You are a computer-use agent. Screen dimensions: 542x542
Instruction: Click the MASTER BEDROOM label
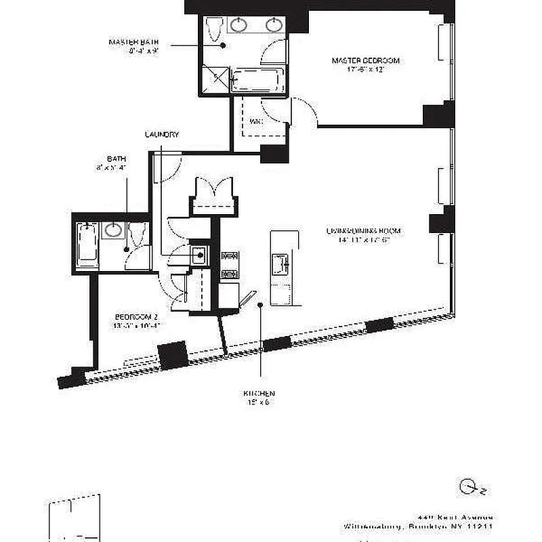[365, 61]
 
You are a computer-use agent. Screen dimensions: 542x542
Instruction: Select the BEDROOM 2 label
[136, 316]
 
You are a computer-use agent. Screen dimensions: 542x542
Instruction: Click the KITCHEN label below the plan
[259, 394]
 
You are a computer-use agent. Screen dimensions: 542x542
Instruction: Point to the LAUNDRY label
[162, 135]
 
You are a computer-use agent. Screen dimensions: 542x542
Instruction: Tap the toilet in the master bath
[215, 29]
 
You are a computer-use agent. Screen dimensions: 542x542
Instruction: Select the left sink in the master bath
[239, 26]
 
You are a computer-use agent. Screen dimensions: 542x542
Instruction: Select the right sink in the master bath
[274, 26]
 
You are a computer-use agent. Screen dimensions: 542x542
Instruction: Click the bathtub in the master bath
[257, 80]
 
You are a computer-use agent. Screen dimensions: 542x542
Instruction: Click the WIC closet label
[256, 122]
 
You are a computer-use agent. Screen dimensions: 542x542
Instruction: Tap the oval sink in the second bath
[112, 231]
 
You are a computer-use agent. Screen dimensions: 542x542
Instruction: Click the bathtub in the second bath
[86, 245]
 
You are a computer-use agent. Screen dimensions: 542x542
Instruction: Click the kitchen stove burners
[230, 265]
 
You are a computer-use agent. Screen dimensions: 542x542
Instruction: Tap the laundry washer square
[199, 256]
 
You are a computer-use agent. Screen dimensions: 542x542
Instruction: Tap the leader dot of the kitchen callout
[260, 306]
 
